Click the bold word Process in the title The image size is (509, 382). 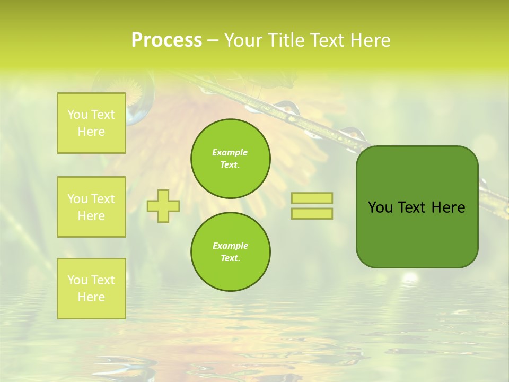(166, 40)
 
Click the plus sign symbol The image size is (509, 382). (163, 206)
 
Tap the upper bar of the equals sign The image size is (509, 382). (312, 198)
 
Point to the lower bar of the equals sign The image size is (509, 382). (312, 213)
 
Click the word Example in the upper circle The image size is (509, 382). (230, 152)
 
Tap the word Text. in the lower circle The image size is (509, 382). (230, 258)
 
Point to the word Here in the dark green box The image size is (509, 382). (448, 207)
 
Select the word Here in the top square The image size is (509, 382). (91, 132)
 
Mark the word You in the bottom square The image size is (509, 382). (77, 280)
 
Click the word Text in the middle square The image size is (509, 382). (103, 199)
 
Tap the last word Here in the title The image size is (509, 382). (371, 40)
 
